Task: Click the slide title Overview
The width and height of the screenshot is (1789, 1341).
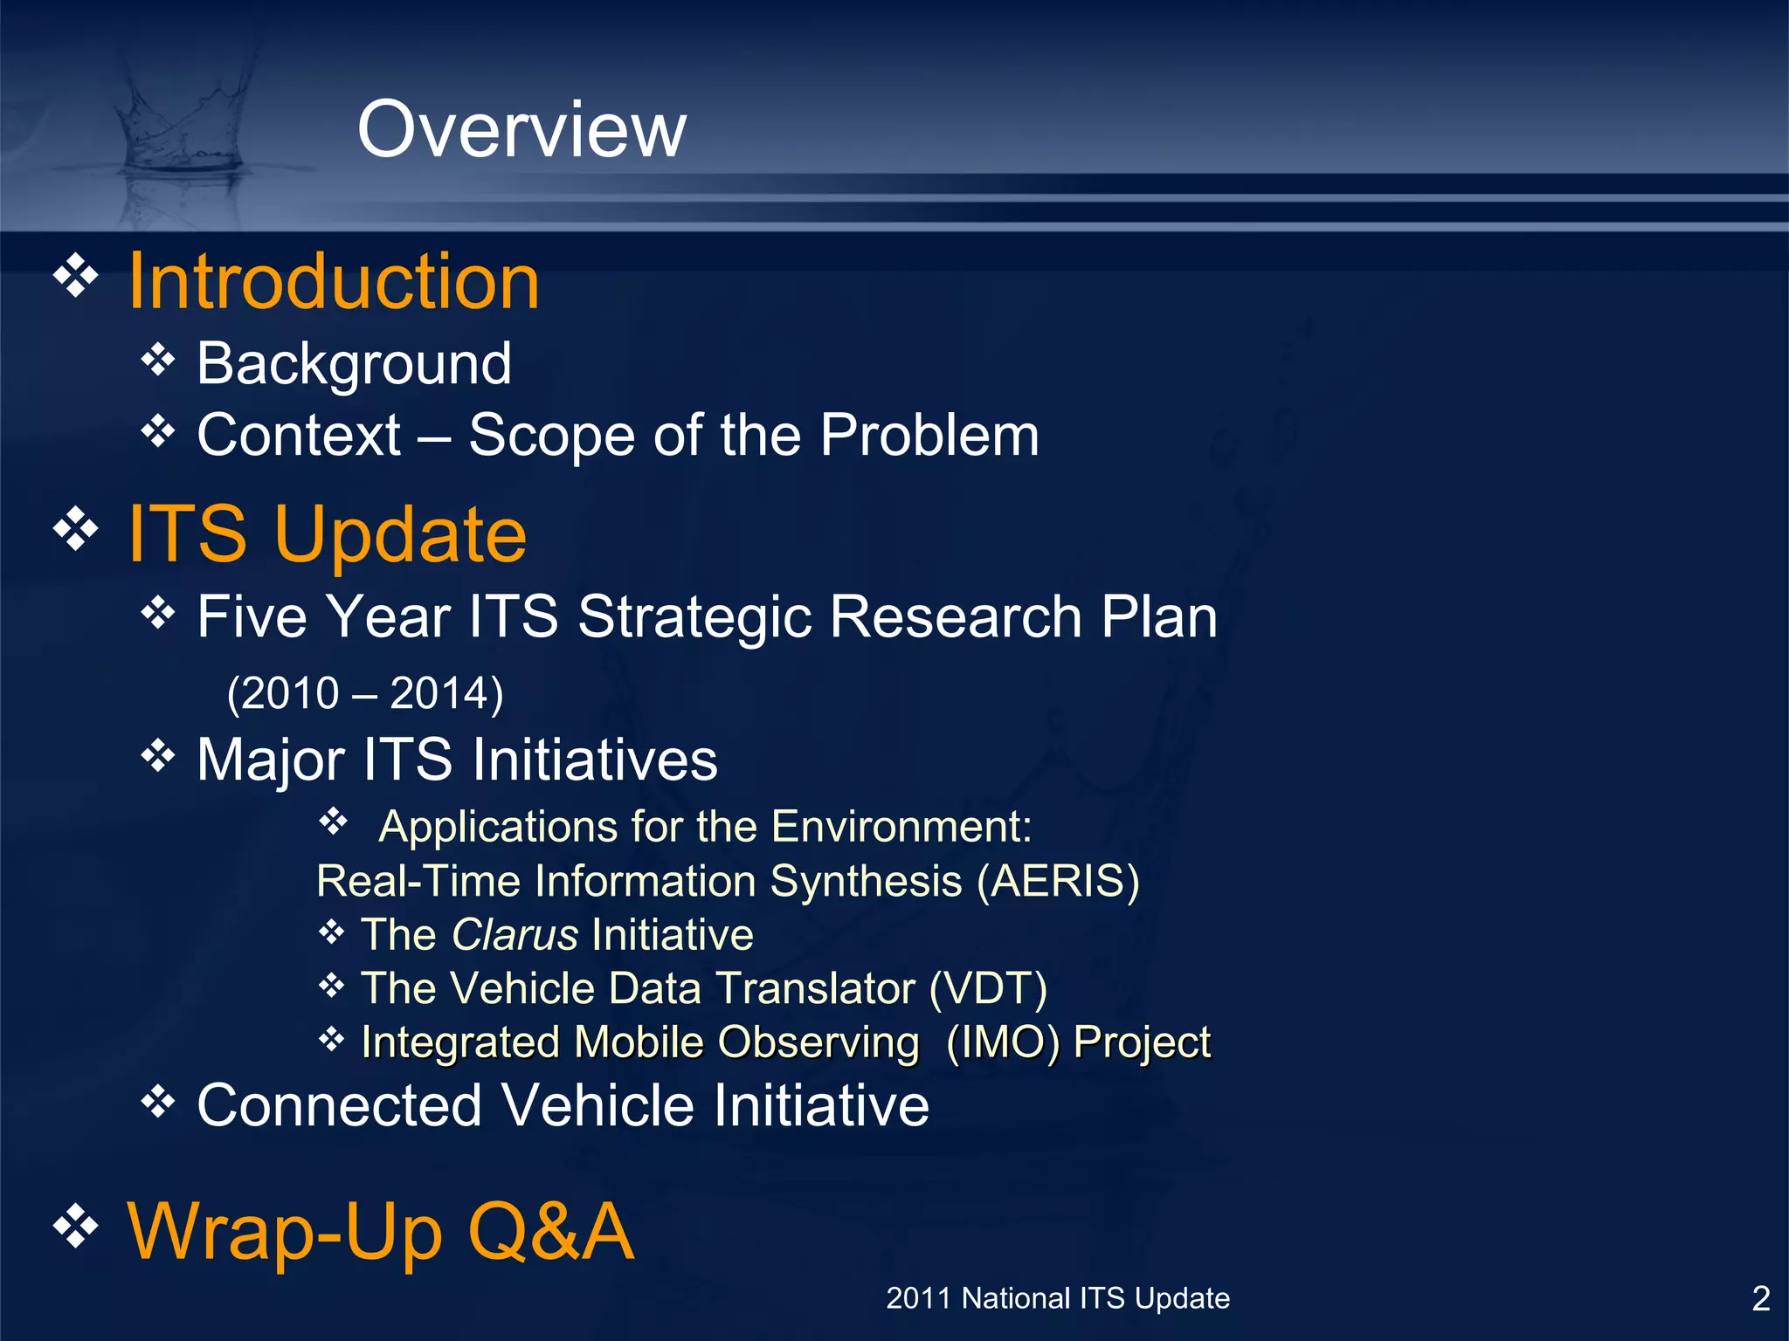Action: tap(522, 129)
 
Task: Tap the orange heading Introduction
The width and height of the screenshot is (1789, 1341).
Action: tap(334, 281)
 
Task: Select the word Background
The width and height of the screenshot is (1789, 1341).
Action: tap(354, 363)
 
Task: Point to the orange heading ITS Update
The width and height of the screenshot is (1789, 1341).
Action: tap(328, 533)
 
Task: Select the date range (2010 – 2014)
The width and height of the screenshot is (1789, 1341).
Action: tap(365, 693)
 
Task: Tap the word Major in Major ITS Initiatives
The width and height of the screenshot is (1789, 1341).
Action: tap(270, 760)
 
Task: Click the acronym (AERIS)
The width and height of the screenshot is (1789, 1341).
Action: tap(1058, 880)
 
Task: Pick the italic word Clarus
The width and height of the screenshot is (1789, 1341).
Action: tap(515, 935)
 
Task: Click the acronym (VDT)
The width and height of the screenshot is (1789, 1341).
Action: tap(988, 988)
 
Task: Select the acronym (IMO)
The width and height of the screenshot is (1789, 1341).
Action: tap(1003, 1042)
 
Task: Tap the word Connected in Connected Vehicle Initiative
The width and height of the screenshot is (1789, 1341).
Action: tap(339, 1105)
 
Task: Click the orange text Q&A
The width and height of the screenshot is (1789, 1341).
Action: tap(550, 1231)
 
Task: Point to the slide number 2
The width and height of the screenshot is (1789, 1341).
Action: tap(1761, 1299)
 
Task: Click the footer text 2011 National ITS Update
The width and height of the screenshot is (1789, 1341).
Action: tap(1058, 1298)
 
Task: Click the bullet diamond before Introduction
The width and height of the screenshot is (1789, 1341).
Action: tap(77, 276)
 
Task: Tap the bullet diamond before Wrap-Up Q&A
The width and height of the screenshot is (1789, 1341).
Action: tap(77, 1225)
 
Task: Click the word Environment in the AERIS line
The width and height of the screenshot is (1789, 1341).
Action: tap(901, 826)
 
